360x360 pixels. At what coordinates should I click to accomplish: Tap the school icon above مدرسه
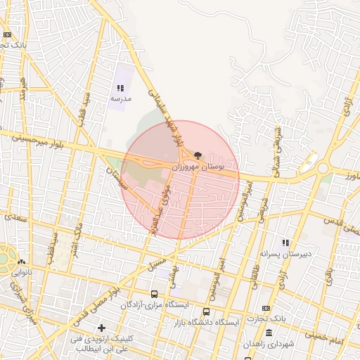(120, 89)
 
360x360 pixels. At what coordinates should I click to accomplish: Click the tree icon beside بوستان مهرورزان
(197, 155)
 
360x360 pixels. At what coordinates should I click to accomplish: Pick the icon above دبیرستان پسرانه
(285, 243)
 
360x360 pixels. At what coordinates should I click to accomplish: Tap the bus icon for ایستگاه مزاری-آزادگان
(154, 294)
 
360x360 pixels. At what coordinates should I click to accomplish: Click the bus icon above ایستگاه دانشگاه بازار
(206, 311)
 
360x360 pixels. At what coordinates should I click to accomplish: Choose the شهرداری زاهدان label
(269, 344)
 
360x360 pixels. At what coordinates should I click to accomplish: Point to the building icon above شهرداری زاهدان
(269, 333)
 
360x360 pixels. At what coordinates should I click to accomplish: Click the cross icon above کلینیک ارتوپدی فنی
(103, 328)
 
